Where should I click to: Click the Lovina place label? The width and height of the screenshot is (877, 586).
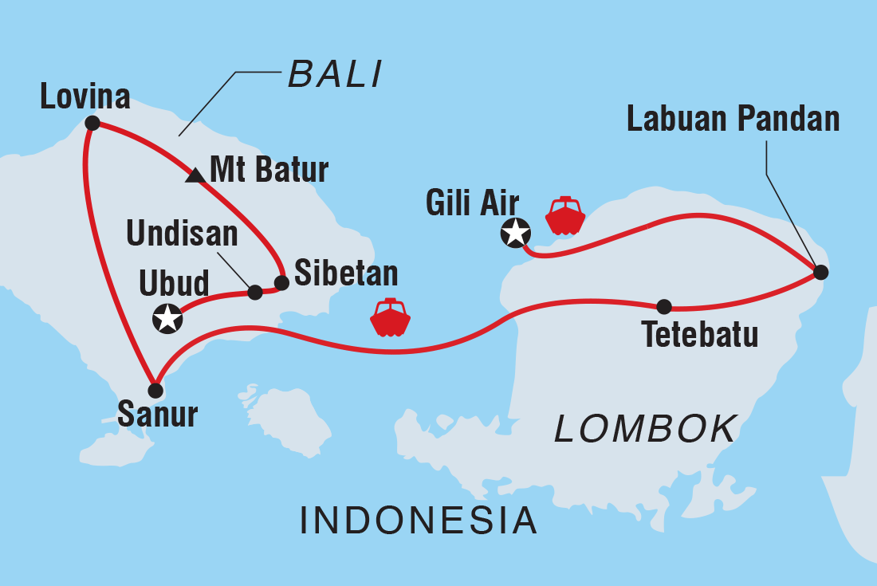(x=85, y=97)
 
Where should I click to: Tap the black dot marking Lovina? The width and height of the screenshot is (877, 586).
(x=92, y=123)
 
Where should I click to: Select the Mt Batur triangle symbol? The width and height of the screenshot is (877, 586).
(x=195, y=175)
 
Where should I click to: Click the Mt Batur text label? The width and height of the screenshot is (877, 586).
(x=269, y=170)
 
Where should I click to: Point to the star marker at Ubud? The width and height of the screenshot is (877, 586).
(x=167, y=318)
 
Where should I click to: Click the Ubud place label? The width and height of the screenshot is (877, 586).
(x=174, y=283)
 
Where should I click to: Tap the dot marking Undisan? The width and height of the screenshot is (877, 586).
(x=255, y=293)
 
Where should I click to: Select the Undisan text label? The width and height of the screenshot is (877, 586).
(x=182, y=234)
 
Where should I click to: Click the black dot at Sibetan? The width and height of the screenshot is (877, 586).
(x=281, y=282)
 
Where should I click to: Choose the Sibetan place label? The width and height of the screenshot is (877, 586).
(x=346, y=273)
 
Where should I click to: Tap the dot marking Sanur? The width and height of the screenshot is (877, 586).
(x=155, y=391)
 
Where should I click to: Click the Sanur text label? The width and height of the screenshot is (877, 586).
(x=157, y=415)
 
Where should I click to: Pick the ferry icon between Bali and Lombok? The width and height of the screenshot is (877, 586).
(x=391, y=317)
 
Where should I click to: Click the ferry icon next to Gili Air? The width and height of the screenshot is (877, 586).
(x=564, y=215)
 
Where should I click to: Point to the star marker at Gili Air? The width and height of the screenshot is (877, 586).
(x=515, y=233)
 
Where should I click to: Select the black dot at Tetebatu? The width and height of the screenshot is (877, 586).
(x=663, y=306)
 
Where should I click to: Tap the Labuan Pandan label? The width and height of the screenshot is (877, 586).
(x=733, y=119)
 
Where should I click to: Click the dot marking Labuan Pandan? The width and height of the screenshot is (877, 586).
(x=821, y=273)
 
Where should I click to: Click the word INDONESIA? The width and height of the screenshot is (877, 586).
(x=419, y=521)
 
